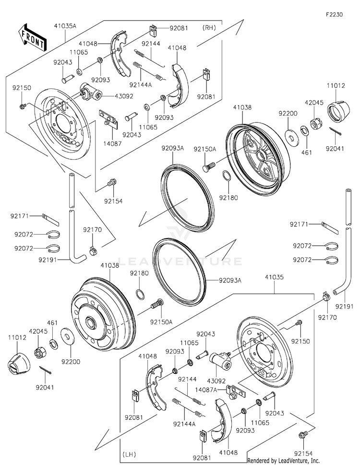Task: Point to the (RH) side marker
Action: [x=209, y=27]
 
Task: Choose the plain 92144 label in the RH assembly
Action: [x=150, y=57]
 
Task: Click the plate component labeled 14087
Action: [x=108, y=118]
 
